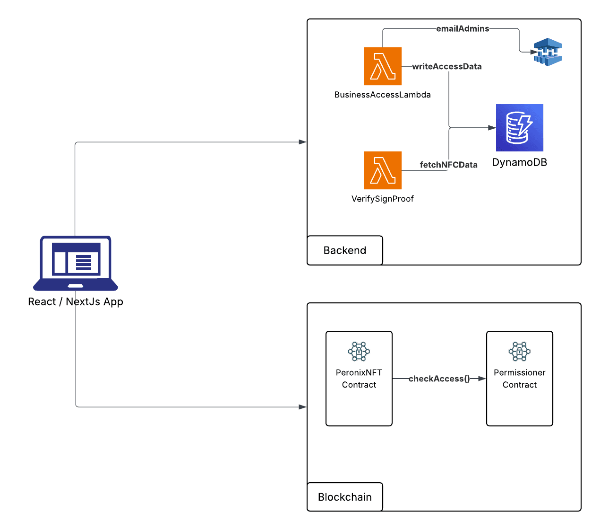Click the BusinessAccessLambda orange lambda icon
[x=383, y=66]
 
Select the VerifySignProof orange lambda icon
[x=383, y=170]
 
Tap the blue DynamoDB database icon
[x=520, y=128]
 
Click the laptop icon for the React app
[x=76, y=263]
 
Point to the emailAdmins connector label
[x=463, y=29]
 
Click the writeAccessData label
[x=447, y=67]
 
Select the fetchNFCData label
[x=448, y=165]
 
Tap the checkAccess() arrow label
[x=439, y=379]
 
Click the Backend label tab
[x=345, y=250]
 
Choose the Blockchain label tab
[x=345, y=497]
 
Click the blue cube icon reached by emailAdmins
[x=548, y=52]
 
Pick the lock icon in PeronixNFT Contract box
[x=359, y=352]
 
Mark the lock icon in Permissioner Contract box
[x=520, y=352]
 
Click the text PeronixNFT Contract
[x=359, y=379]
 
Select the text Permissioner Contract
[x=520, y=379]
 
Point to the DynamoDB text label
[x=520, y=162]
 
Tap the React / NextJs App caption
[x=76, y=301]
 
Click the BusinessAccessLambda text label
[x=383, y=95]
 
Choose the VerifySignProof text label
[x=383, y=199]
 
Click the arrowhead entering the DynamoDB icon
[x=492, y=128]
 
